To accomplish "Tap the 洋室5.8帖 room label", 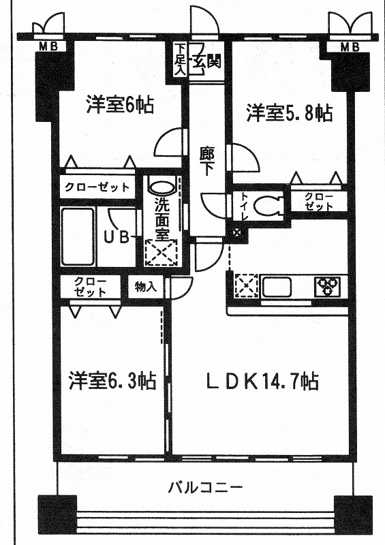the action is point(290,112).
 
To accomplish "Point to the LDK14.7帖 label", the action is point(262,381).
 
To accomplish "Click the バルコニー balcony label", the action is point(205,488).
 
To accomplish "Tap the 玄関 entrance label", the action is point(205,62).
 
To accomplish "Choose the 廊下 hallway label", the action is point(206,161).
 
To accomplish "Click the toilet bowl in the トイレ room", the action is point(268,206).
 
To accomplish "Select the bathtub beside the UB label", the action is point(78,236).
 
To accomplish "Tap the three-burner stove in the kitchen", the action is point(330,286).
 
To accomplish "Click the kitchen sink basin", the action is point(277,287).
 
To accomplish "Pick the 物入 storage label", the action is point(146,287).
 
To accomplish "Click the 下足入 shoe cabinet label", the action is point(179,59).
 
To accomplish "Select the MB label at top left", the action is point(48,46).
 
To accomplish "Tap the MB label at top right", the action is point(349,46).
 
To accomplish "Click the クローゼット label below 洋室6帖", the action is point(97,188).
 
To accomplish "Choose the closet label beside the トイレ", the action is point(319,202).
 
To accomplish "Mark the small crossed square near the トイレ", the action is point(237,232).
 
